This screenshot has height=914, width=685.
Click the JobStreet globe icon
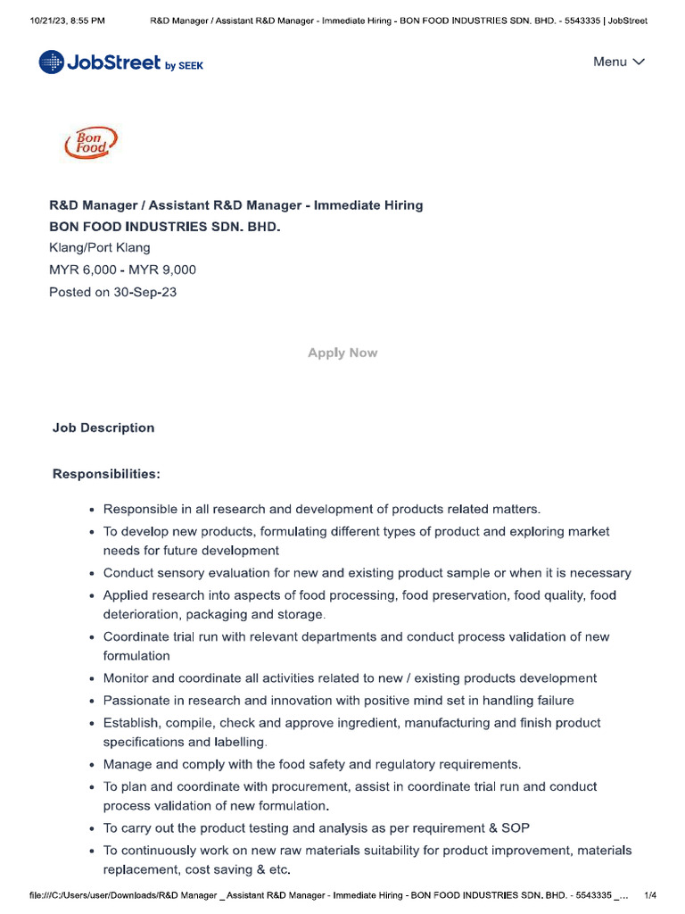(x=52, y=62)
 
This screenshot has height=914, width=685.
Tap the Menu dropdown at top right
(x=619, y=62)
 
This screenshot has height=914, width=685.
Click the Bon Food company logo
(x=90, y=143)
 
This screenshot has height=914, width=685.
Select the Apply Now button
(x=342, y=353)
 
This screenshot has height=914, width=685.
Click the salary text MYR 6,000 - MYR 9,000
(x=122, y=270)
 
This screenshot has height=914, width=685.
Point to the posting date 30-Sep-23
(x=144, y=292)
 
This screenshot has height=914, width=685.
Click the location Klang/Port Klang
(x=99, y=248)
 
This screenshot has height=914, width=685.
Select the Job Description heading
(x=103, y=428)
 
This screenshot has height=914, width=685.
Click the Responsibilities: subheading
(x=106, y=473)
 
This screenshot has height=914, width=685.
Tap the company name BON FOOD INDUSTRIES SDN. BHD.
(x=164, y=227)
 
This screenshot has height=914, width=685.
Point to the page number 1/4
(x=650, y=894)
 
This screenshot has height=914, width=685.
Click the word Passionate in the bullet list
(x=136, y=701)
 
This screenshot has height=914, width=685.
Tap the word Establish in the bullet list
(x=132, y=723)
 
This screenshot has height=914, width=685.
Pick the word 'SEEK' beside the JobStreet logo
(x=191, y=66)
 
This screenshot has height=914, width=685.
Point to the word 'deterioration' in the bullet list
(x=141, y=615)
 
